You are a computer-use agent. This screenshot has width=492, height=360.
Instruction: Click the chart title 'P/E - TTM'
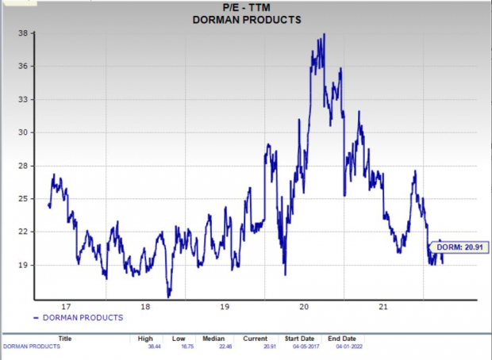pos(247,8)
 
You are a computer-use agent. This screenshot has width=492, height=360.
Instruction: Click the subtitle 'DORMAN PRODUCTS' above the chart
pos(247,20)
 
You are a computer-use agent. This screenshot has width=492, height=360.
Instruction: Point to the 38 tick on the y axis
pos(25,33)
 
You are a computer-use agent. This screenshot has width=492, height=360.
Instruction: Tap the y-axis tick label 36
pos(25,66)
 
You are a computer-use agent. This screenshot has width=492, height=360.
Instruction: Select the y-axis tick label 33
pos(25,99)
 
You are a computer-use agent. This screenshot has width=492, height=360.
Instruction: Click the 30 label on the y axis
pos(25,132)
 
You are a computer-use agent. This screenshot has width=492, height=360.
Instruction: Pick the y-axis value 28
pos(25,166)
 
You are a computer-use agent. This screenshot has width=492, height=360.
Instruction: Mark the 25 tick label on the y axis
pos(25,198)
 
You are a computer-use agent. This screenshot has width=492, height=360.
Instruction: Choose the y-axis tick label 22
pos(25,232)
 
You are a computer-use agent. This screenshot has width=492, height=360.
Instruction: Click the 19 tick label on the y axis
pos(25,265)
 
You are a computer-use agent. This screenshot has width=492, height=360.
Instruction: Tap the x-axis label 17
pos(66,307)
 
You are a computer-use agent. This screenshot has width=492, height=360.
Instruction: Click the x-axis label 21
pos(383,307)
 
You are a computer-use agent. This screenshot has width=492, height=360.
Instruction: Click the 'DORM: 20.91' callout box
pos(458,248)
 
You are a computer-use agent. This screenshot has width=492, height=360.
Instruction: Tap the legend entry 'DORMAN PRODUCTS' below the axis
pos(83,317)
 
